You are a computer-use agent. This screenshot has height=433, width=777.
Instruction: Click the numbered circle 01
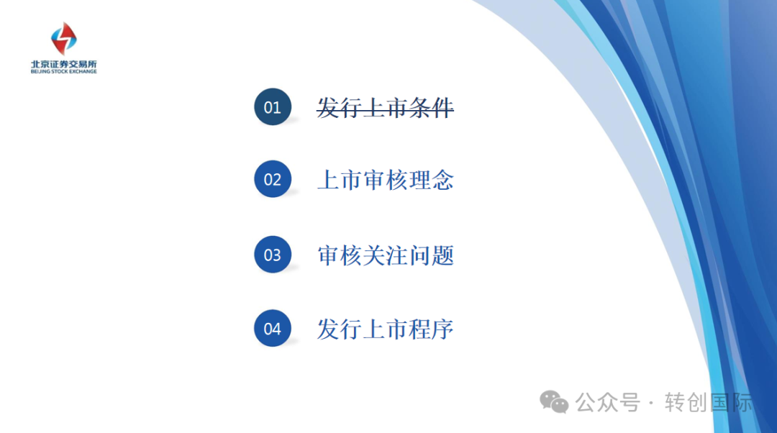point(273,106)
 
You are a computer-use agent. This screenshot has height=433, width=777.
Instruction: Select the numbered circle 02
point(273,179)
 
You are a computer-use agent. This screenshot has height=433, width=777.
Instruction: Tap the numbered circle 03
point(273,254)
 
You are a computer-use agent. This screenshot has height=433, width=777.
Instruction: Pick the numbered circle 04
point(273,328)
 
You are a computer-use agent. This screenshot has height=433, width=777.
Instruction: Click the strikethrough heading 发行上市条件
point(385,107)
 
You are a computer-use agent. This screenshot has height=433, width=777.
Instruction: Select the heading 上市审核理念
point(385,180)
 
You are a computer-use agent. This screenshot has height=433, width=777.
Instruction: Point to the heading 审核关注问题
point(385,255)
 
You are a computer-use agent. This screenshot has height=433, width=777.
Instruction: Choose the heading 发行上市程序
point(385,329)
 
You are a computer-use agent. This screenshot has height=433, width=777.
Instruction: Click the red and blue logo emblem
point(64,38)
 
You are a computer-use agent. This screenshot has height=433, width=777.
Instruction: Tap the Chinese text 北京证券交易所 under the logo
point(64,65)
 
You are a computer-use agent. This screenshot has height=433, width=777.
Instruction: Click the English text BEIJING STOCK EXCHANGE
point(64,71)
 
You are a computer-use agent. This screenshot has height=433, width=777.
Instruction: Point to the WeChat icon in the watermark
point(554,402)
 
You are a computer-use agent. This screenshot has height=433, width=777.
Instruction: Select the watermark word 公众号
point(607,402)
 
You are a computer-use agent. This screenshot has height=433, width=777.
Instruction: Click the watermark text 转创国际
point(709,402)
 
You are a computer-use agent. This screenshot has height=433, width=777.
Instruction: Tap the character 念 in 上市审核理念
point(442,180)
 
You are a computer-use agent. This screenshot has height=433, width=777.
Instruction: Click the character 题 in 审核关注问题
point(442,255)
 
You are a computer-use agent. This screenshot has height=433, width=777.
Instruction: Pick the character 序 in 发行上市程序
point(442,329)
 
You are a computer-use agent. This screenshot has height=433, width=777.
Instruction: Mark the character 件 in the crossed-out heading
point(442,107)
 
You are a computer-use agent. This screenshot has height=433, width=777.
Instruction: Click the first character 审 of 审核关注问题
point(328,255)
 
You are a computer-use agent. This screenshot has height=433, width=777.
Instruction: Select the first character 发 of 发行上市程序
point(328,329)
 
